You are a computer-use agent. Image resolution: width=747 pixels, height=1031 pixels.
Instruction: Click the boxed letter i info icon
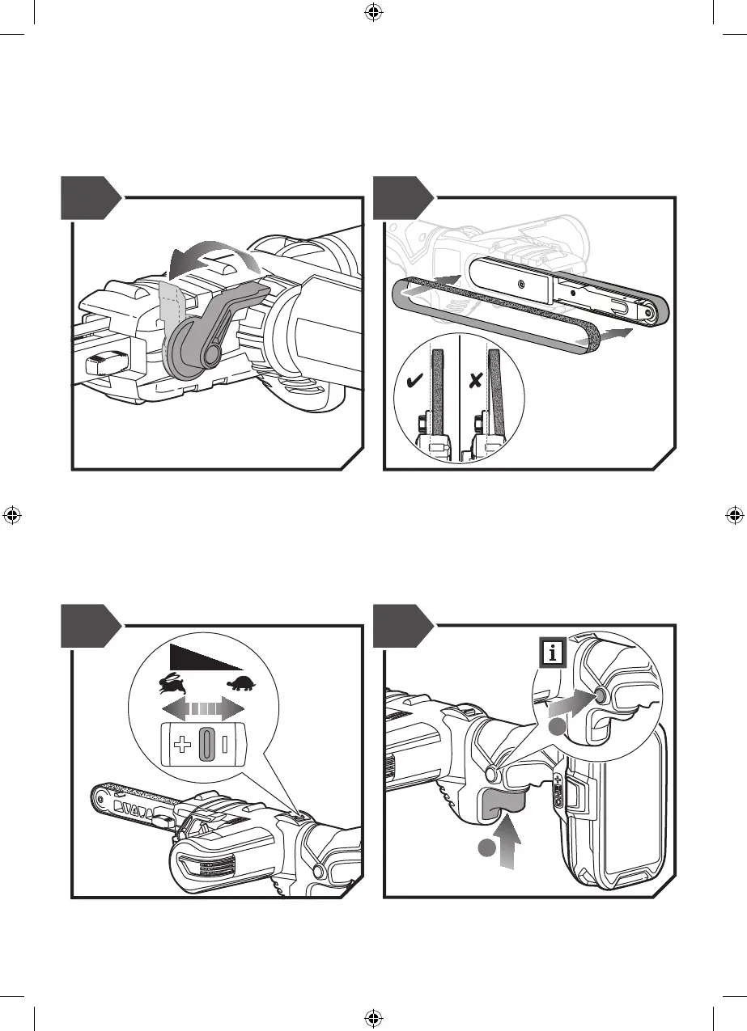tap(553, 652)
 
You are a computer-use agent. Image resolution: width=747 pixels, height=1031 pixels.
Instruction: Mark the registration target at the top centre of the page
tap(373, 11)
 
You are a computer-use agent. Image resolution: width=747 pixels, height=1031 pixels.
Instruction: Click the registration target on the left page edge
tap(11, 514)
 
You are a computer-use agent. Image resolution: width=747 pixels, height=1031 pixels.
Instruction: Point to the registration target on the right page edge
tap(735, 514)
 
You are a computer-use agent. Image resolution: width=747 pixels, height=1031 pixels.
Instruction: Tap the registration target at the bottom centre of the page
tap(373, 1017)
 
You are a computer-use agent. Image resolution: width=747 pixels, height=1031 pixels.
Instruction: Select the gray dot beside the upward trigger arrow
tap(486, 849)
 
